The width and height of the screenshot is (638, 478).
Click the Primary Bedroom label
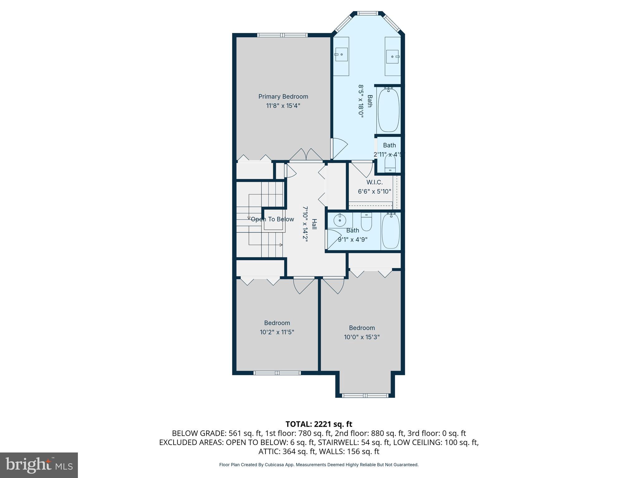[283, 96]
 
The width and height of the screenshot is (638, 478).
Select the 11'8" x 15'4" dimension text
[283, 106]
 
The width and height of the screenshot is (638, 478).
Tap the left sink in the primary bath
[341, 54]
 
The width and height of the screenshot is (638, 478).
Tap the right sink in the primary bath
[392, 57]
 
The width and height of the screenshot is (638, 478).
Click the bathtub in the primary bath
[388, 110]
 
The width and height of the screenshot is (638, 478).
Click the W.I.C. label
[374, 182]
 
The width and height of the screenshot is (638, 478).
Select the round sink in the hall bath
[340, 221]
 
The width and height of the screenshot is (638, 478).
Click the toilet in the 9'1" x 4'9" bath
[366, 222]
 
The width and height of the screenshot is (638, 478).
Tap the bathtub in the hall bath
[391, 231]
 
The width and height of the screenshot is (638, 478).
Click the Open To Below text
[272, 219]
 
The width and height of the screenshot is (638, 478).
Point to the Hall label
[314, 224]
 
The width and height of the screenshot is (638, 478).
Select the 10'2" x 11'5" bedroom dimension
[277, 332]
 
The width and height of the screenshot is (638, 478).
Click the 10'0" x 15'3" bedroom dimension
[362, 337]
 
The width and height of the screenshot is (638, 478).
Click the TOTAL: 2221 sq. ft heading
[319, 424]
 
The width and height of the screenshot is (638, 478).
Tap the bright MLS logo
[39, 465]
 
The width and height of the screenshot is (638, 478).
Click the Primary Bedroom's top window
[282, 35]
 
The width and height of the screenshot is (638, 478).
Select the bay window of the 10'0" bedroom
[365, 396]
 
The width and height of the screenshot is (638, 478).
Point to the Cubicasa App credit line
[319, 465]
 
